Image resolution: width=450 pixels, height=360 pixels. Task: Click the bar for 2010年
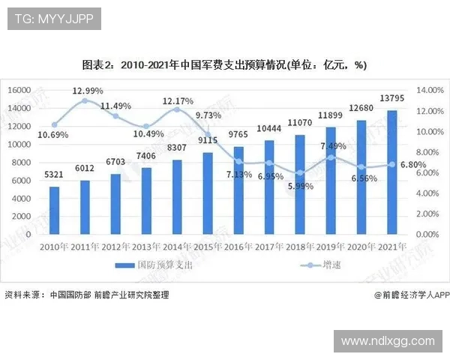coord(54,210)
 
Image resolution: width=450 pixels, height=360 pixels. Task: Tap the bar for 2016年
coord(238,190)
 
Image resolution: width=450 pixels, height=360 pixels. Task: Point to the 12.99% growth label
coord(87,90)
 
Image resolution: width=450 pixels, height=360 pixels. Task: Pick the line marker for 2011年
coord(85,100)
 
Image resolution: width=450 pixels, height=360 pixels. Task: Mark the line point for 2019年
coord(331,157)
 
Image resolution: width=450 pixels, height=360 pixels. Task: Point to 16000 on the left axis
coord(18,90)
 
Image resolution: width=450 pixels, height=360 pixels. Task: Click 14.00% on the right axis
coord(430,90)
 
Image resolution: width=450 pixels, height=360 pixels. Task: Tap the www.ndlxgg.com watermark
coord(388,340)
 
